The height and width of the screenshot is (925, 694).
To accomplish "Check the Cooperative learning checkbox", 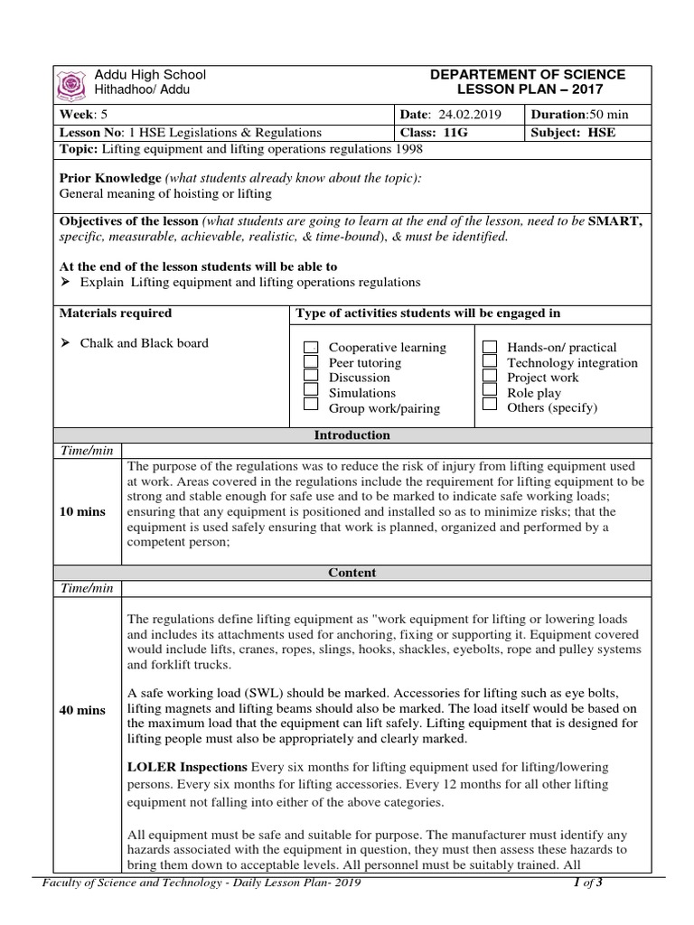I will [x=311, y=348].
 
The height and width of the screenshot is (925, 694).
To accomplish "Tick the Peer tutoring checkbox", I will [x=311, y=362].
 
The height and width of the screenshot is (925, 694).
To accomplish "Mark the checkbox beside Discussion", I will [x=311, y=377].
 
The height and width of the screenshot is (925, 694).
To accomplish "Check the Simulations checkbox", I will [x=311, y=392].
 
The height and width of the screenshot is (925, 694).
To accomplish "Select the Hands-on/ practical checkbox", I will [x=490, y=347].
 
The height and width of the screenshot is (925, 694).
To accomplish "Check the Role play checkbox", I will [x=490, y=392].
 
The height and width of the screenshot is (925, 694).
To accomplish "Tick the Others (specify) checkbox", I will [x=490, y=406].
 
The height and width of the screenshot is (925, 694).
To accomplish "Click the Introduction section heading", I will [x=352, y=435].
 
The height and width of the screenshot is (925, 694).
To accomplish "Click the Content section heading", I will [x=352, y=573].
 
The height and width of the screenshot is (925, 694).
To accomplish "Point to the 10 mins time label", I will [x=82, y=511].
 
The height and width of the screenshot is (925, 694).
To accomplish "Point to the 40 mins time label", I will [x=82, y=710].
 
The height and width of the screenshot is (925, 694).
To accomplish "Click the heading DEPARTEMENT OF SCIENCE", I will [x=528, y=74].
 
